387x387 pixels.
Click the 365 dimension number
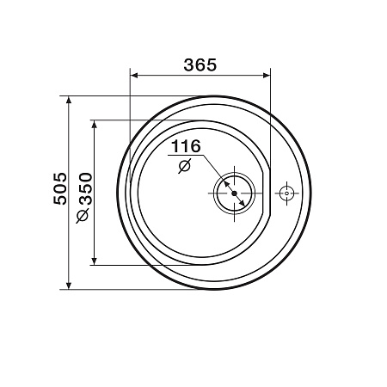tap(200, 64)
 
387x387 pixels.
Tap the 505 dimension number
tap(60, 188)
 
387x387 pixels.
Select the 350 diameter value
tap(86, 188)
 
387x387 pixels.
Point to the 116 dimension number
tap(186, 146)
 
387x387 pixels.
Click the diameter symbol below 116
tap(184, 166)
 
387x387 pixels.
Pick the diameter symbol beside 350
tap(83, 216)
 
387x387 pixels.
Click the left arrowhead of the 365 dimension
tap(134, 76)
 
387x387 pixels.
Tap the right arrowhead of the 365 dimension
tap(267, 76)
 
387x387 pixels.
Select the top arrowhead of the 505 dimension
tap(69, 100)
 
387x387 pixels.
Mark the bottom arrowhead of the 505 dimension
tap(69, 286)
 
